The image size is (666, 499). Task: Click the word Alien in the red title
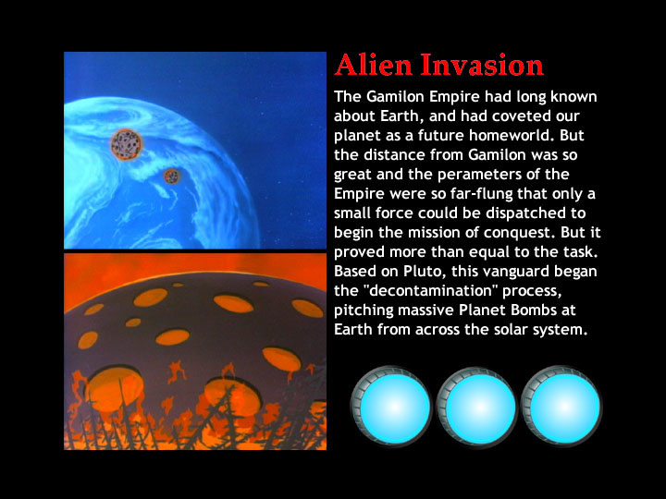[x=374, y=65]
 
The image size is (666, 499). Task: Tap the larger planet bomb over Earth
[x=126, y=145]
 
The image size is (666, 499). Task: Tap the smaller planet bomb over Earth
[x=172, y=176]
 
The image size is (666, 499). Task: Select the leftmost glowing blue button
[x=392, y=406]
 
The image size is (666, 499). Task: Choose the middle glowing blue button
[x=477, y=406]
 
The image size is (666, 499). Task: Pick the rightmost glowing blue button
[x=561, y=406]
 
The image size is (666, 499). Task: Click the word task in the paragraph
[x=581, y=252]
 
